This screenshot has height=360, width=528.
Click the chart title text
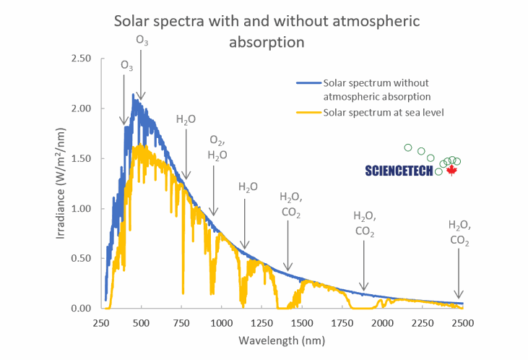[267, 30]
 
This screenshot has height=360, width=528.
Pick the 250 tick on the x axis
[101, 322]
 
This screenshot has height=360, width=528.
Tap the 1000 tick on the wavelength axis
[222, 322]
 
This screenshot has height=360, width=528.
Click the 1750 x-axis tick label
[342, 322]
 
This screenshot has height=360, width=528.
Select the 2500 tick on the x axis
[463, 322]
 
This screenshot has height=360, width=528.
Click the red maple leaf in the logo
[452, 171]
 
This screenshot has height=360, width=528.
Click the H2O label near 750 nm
[186, 120]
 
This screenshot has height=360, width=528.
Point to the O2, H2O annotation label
[217, 147]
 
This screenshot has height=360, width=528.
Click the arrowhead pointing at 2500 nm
[458, 294]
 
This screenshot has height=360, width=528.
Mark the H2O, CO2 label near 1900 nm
[364, 223]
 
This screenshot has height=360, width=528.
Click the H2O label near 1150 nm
[248, 187]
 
